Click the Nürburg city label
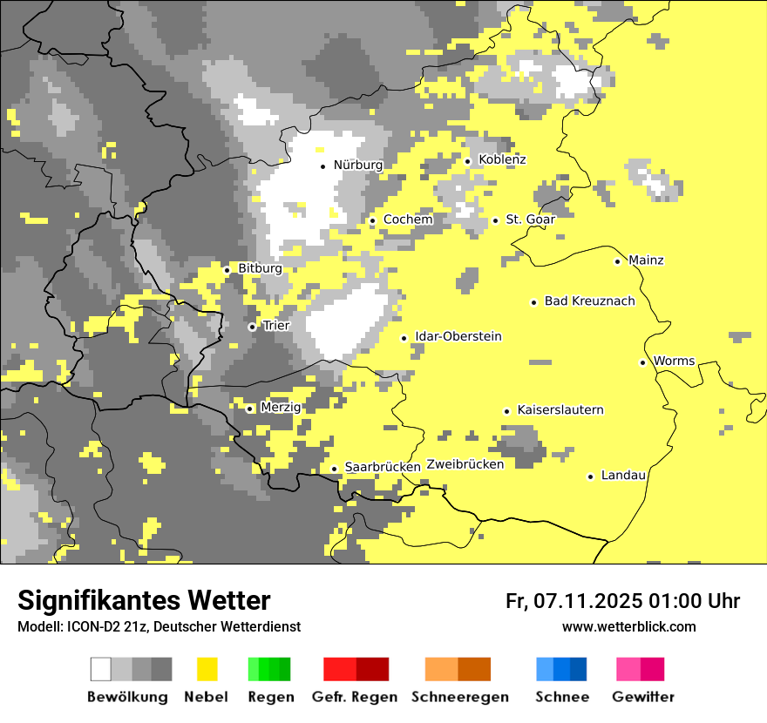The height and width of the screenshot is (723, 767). click(x=357, y=165)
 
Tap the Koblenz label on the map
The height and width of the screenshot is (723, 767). click(x=502, y=159)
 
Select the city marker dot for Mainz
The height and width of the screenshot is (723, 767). click(x=617, y=261)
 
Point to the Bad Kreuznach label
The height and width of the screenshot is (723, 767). click(x=589, y=301)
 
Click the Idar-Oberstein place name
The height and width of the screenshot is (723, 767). click(x=458, y=336)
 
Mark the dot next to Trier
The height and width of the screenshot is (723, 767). click(x=252, y=327)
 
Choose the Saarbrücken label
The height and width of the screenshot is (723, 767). click(x=383, y=467)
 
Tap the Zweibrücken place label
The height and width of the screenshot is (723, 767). click(x=465, y=464)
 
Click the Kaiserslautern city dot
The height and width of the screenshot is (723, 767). click(x=506, y=411)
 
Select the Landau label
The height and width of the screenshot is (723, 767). click(x=623, y=476)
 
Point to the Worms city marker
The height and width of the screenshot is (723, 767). click(x=642, y=362)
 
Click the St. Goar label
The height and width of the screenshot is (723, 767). click(x=530, y=220)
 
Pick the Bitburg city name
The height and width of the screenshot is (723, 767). click(x=260, y=268)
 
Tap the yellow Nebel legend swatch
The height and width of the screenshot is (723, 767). click(x=207, y=669)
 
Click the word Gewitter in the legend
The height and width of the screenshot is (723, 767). click(x=643, y=697)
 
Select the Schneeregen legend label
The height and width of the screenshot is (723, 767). click(x=460, y=697)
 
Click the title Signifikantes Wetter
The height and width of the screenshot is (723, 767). click(x=144, y=600)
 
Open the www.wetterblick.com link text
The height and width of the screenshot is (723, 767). click(x=628, y=626)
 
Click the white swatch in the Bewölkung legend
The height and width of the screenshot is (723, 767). click(x=101, y=669)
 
